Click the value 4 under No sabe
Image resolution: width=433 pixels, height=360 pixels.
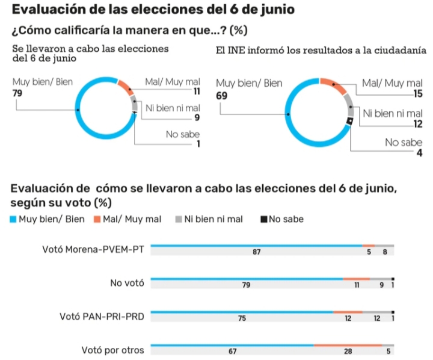419,153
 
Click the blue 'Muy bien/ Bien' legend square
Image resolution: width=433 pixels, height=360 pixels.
13,219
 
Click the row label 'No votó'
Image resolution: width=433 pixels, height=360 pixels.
127,283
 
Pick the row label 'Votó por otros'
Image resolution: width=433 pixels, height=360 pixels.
112,350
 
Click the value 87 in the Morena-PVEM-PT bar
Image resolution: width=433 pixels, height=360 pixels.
257,252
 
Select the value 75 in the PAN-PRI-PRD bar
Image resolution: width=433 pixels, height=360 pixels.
242,318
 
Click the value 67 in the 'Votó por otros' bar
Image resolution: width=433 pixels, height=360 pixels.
233,352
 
